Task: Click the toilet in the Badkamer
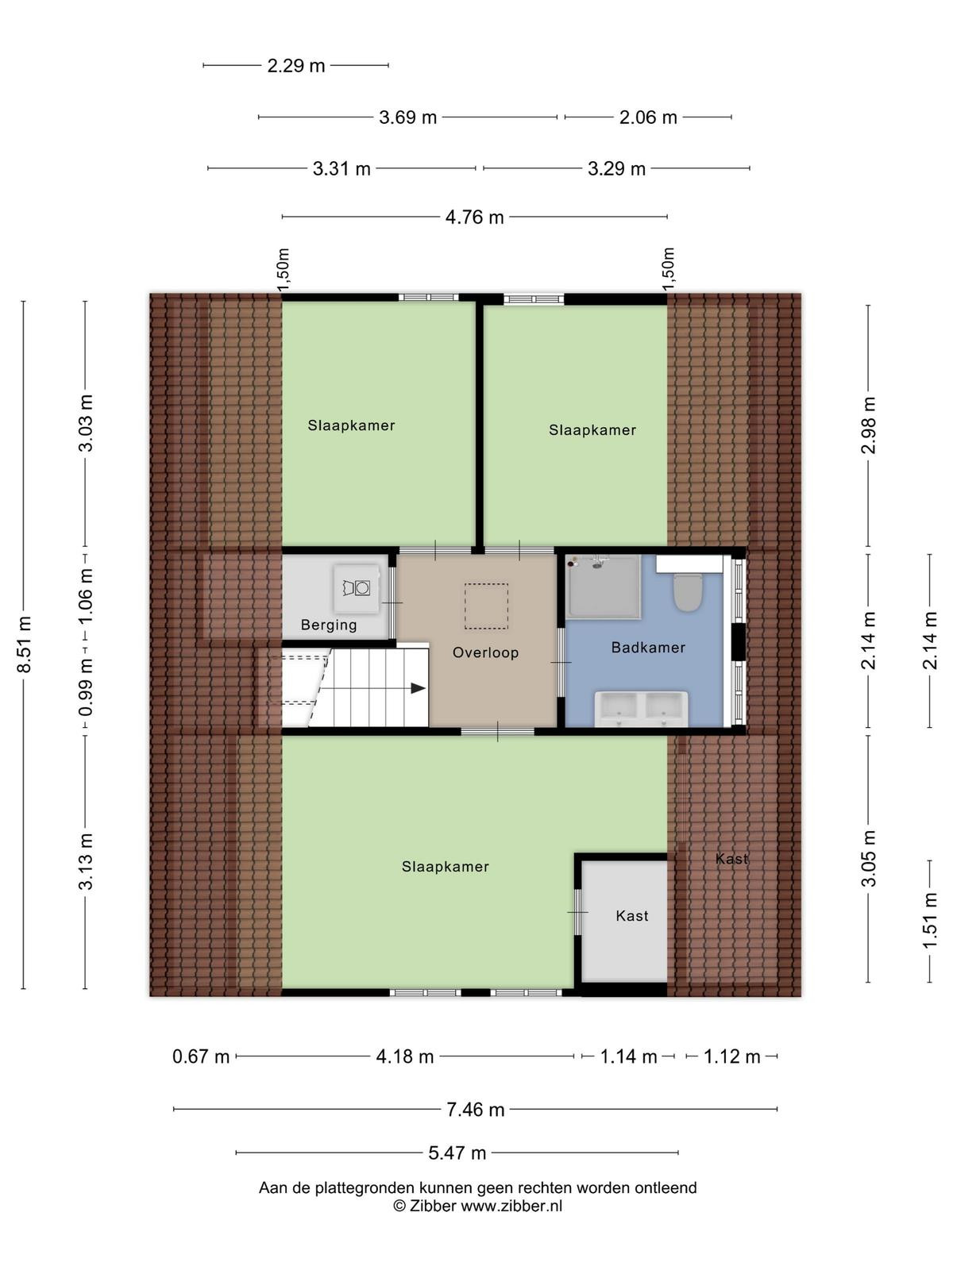(x=688, y=592)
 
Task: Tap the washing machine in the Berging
(x=357, y=588)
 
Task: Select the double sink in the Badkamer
(x=642, y=709)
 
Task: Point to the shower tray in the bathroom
(x=604, y=586)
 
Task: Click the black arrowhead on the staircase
(x=418, y=688)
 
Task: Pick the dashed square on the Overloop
(x=486, y=606)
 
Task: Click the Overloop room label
(x=485, y=652)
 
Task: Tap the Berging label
(x=329, y=625)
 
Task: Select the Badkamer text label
(x=648, y=648)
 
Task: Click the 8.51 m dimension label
(x=25, y=645)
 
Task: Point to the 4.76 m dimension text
(x=474, y=217)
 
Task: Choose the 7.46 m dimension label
(x=475, y=1110)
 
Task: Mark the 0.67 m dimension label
(x=201, y=1056)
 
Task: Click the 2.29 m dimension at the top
(x=295, y=66)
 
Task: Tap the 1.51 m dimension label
(x=929, y=921)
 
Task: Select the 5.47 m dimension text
(x=457, y=1153)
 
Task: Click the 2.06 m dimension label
(x=648, y=117)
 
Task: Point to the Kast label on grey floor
(x=632, y=916)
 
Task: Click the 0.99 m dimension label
(x=86, y=687)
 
